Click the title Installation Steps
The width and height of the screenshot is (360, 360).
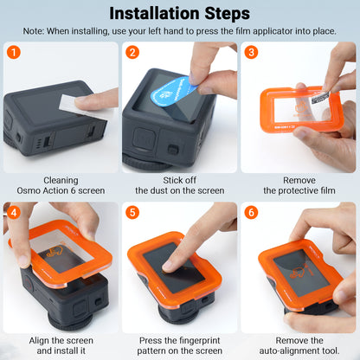click(x=180, y=13)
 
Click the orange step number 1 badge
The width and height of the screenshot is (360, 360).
click(x=14, y=52)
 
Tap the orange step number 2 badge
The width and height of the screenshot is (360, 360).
click(x=132, y=52)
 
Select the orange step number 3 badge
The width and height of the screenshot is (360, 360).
click(x=251, y=52)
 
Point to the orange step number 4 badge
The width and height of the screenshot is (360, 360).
click(x=14, y=212)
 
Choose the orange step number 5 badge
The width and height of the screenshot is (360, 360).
click(x=132, y=212)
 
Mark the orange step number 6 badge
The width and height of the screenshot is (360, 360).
click(x=251, y=212)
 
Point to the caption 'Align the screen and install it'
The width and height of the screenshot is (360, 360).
click(x=61, y=344)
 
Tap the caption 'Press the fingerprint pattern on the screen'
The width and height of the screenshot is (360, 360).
click(x=179, y=344)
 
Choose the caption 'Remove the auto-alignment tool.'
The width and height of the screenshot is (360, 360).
click(x=299, y=344)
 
